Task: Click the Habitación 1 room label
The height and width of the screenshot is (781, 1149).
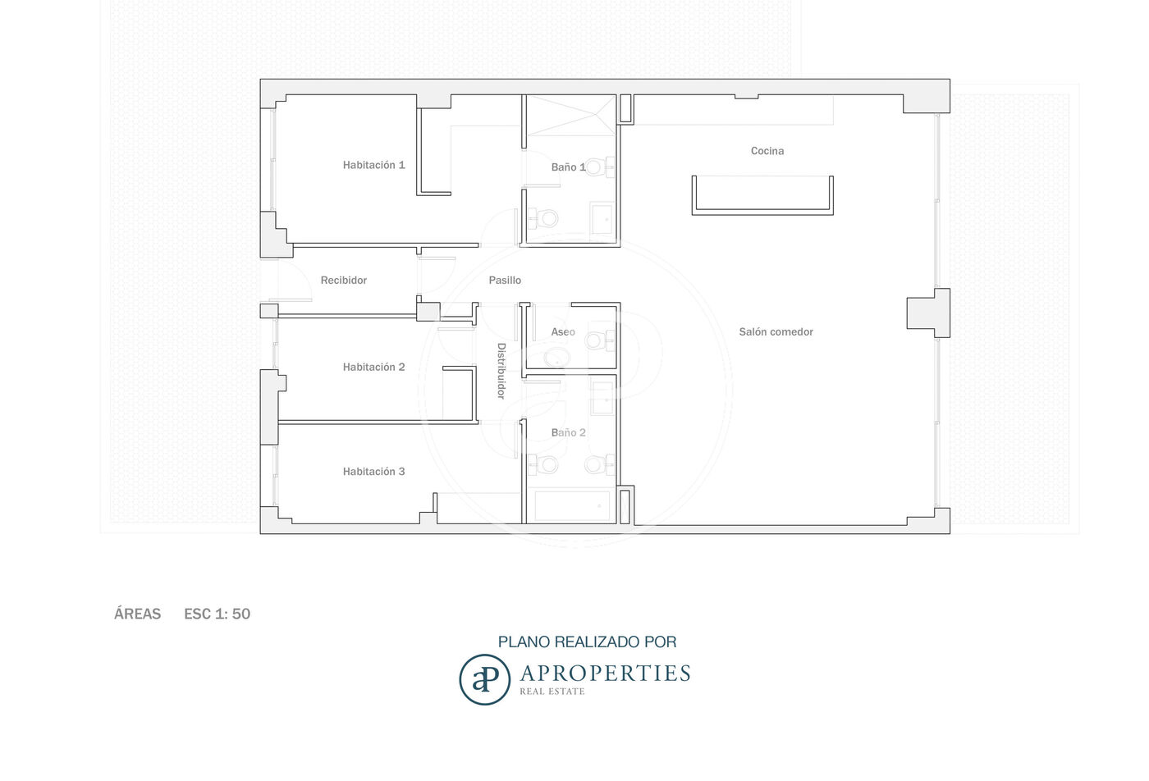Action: point(373,165)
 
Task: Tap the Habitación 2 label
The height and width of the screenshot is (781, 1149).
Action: point(373,368)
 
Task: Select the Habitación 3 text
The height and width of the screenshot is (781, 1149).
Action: point(373,472)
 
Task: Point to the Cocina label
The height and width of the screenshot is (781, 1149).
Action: point(767,151)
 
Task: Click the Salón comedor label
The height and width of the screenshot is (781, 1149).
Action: point(776,331)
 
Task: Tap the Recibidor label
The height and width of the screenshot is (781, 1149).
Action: point(343,280)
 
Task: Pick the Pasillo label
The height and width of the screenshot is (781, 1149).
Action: point(505,280)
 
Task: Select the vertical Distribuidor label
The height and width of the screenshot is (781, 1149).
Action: point(501,371)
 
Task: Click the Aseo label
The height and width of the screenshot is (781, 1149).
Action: point(563,331)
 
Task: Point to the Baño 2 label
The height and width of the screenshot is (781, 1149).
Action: point(568,432)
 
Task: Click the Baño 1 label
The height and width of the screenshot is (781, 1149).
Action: point(568,167)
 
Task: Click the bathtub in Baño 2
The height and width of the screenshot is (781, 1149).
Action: point(572,506)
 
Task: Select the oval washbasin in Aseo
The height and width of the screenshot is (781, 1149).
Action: point(556,358)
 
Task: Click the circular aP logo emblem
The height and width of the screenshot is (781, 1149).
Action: point(484,679)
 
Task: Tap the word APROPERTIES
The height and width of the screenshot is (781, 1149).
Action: point(606,674)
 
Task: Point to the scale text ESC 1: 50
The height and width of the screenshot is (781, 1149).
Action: point(217,614)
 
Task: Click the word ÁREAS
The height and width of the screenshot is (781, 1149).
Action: point(138,614)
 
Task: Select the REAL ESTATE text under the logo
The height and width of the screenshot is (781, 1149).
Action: point(552,692)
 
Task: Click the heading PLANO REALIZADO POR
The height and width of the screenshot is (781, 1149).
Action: point(588,642)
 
